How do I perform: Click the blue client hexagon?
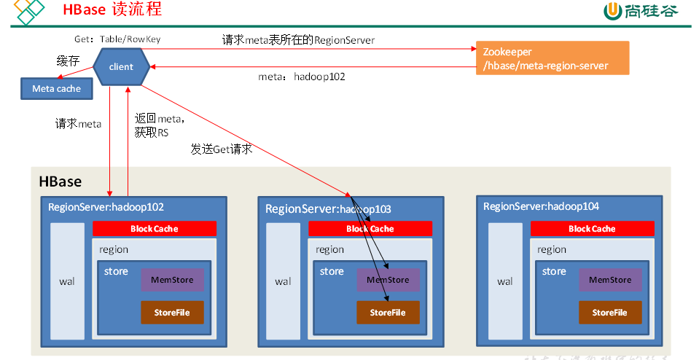tap(121, 67)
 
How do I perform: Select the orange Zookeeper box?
tap(551, 59)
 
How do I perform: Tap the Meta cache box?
tap(56, 89)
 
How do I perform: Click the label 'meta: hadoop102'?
tap(302, 76)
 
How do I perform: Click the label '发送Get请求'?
tap(222, 149)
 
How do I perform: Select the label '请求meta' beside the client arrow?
tap(78, 124)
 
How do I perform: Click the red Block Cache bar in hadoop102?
tap(155, 229)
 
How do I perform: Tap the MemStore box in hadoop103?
tap(388, 280)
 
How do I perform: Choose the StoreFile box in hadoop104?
tap(610, 313)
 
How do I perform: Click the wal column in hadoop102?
tap(67, 281)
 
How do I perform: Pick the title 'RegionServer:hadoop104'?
tap(541, 206)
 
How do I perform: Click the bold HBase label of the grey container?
tap(60, 181)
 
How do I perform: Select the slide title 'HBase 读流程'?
tap(112, 10)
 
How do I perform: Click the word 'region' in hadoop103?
tap(330, 249)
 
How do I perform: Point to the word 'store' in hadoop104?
tap(554, 271)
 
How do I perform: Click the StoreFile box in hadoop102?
tap(172, 313)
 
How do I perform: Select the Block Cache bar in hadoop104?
tap(592, 229)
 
